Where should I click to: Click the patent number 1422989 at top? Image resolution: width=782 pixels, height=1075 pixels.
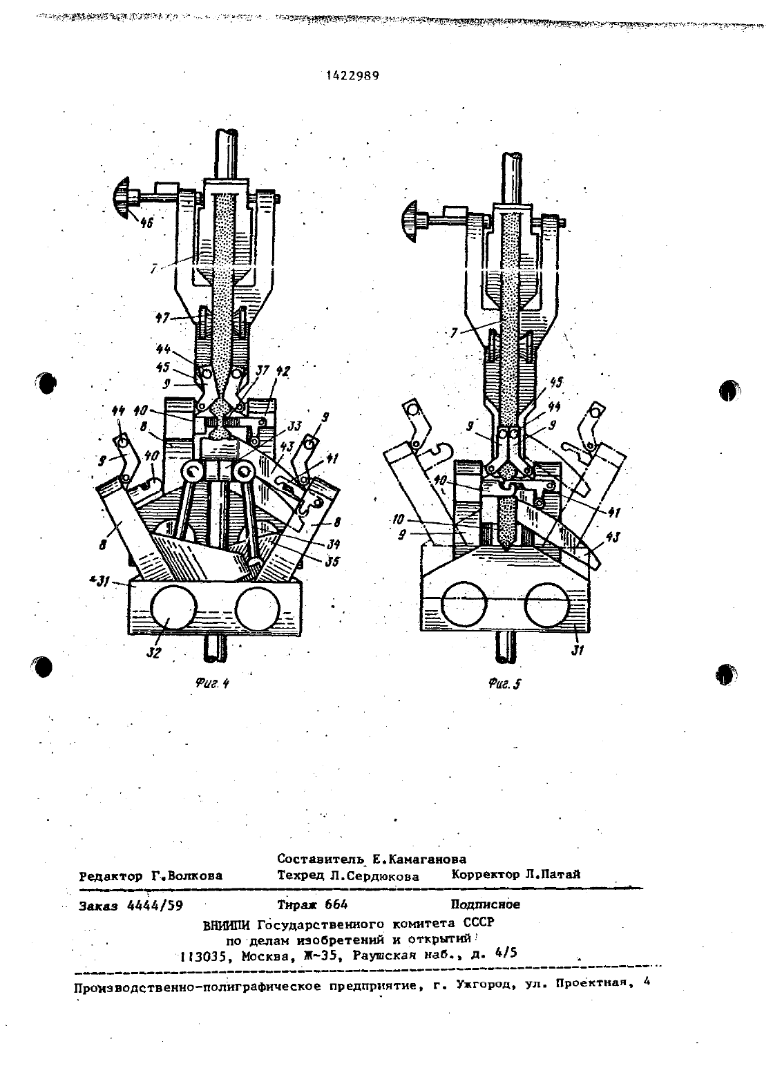[x=352, y=76]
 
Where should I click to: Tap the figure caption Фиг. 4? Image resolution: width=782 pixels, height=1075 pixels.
[x=212, y=683]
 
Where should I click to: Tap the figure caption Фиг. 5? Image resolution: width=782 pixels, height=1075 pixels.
[x=504, y=684]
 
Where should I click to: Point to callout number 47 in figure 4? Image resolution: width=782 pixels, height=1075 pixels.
[x=162, y=318]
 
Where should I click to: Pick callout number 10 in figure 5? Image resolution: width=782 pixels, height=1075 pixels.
[x=398, y=520]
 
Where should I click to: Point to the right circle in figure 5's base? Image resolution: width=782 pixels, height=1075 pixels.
[x=547, y=605]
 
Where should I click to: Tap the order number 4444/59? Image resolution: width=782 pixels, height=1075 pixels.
[x=155, y=906]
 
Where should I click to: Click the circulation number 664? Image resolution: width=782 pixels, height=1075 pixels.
[x=336, y=904]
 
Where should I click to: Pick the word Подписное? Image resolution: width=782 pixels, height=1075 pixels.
[x=485, y=904]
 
